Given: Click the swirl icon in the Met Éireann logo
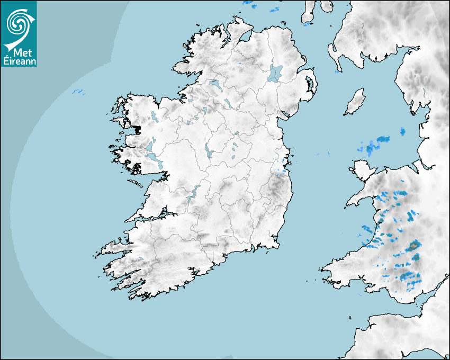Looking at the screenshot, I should coord(18,23).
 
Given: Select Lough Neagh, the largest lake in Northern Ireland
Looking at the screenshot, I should coord(275,73).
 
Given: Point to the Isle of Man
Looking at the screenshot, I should coord(355,102).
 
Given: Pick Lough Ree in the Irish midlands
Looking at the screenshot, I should coord(208,152).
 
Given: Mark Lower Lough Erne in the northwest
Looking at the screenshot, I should coord(215,84).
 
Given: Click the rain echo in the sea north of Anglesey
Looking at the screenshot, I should coord(377,142).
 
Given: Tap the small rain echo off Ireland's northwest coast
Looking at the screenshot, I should coord(78,92).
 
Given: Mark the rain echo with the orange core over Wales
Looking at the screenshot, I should coord(413,246).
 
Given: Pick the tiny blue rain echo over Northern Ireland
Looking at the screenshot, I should coord(239,64).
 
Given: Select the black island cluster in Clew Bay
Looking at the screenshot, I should coord(137,129).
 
